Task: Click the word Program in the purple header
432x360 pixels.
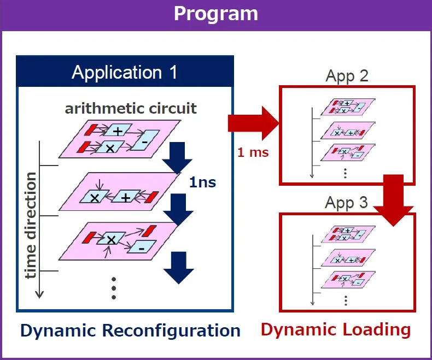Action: pos(216,14)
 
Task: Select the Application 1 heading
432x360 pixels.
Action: pos(125,73)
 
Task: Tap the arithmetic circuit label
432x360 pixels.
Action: pos(131,109)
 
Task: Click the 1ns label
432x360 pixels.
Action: pos(202,182)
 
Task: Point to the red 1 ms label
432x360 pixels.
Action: pos(253,152)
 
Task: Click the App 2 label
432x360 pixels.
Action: pos(347,76)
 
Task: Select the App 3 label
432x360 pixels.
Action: pos(346,203)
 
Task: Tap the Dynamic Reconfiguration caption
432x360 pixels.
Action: pos(130,331)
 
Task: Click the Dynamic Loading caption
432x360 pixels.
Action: pos(336,330)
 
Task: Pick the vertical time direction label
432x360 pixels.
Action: pos(31,225)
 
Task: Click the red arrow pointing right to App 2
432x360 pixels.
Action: pos(254,123)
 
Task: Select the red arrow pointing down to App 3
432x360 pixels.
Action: pos(393,200)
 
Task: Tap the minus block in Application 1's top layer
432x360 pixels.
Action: pos(145,140)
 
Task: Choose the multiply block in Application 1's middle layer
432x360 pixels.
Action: pos(94,197)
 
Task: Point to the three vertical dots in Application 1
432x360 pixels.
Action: pos(114,288)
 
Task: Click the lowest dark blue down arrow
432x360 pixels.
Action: pos(179,268)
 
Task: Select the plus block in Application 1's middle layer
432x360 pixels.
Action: pos(126,197)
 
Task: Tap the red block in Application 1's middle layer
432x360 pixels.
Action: pos(151,197)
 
